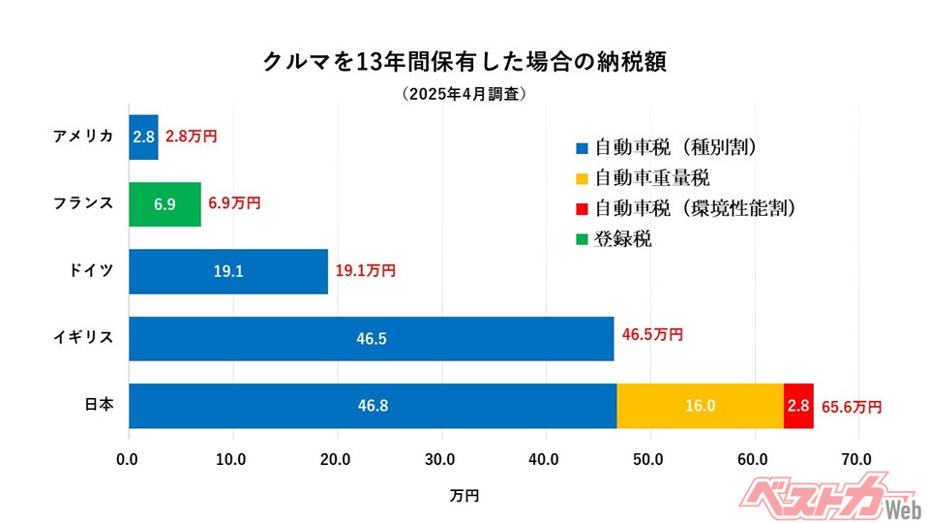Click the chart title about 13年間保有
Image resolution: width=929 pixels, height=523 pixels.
coord(464,61)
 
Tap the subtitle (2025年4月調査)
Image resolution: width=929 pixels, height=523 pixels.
coord(464,94)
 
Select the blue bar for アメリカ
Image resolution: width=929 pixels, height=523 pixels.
coord(143,137)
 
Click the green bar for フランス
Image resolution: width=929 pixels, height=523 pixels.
coord(165,204)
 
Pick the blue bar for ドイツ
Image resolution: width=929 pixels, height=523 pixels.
coord(228,271)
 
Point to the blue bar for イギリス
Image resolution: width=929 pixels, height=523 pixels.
coord(371,338)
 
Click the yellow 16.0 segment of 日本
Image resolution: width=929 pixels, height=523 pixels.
coord(700,406)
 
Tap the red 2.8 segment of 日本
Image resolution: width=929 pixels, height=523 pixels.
coord(798,406)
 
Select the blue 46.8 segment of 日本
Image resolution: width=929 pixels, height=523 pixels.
coord(373,406)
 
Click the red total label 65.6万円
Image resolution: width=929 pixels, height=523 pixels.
coord(852,407)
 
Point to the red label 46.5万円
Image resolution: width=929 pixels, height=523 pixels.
coord(652,335)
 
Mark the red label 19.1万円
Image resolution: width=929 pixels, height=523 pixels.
coord(366,272)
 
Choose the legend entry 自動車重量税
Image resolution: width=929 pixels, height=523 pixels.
coord(652,178)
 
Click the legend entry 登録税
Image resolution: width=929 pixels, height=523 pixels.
coord(623,238)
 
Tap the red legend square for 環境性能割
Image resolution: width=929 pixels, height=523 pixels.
coord(582,209)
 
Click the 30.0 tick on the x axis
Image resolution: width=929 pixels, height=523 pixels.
coord(441,459)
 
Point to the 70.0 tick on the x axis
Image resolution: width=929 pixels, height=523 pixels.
coord(857,459)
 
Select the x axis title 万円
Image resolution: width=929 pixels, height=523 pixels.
coord(464,495)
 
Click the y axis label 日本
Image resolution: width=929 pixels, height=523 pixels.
coord(96,405)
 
